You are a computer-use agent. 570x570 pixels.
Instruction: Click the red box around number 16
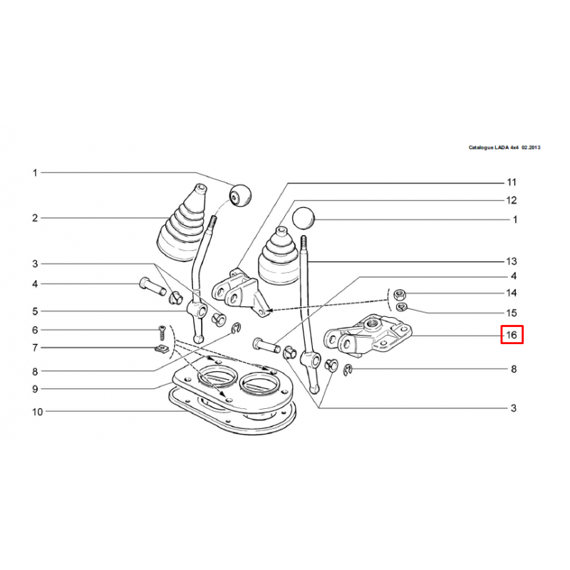tap(512, 334)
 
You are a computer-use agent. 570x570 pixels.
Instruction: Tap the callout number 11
tap(512, 182)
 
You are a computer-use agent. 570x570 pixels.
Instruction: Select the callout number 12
tap(512, 200)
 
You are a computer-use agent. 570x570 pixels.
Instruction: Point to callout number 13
tap(512, 261)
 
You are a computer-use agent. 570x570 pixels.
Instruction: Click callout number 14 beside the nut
tap(512, 293)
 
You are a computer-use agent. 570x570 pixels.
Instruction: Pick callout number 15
tap(512, 313)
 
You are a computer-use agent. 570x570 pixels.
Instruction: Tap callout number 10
tap(38, 412)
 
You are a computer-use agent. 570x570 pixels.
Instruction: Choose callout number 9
tap(35, 389)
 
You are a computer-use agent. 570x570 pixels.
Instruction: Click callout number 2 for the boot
tap(35, 218)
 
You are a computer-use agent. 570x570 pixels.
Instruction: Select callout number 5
tap(35, 311)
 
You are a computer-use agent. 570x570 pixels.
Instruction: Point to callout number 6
tap(35, 330)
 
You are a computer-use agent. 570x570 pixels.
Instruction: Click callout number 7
tap(35, 348)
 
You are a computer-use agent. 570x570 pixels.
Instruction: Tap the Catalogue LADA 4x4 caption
tap(504, 147)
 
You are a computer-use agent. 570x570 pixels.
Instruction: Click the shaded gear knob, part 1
tap(240, 195)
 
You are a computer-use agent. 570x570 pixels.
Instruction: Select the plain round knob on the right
tap(304, 219)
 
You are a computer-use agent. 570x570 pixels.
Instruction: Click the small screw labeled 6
tap(162, 333)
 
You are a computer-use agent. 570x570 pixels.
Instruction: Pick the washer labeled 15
tap(401, 307)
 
